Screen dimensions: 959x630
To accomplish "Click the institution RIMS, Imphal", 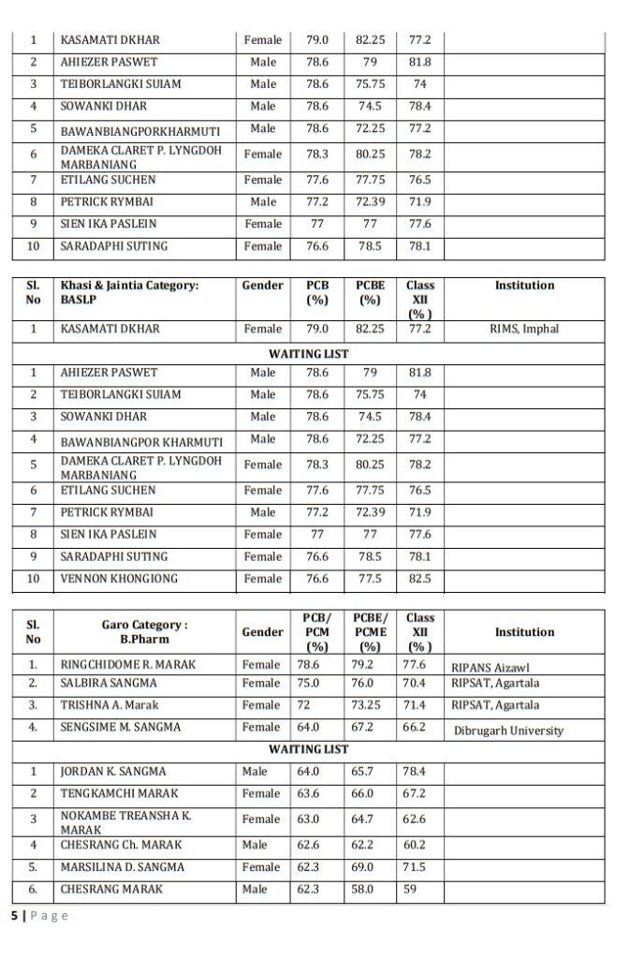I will [523, 330].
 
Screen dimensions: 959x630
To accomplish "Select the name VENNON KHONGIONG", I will [118, 579].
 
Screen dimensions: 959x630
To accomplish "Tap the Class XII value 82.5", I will [420, 579].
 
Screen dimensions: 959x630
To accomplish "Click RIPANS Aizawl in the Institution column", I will [491, 668].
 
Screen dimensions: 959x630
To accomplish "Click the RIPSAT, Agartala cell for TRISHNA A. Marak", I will [495, 705].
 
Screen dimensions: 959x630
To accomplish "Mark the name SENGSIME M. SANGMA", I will [121, 728].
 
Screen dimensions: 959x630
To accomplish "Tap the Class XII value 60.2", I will [414, 845].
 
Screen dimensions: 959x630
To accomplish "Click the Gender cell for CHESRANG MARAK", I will [255, 890].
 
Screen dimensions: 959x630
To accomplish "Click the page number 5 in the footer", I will [14, 916].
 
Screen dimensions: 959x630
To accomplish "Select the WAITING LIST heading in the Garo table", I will [308, 750].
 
